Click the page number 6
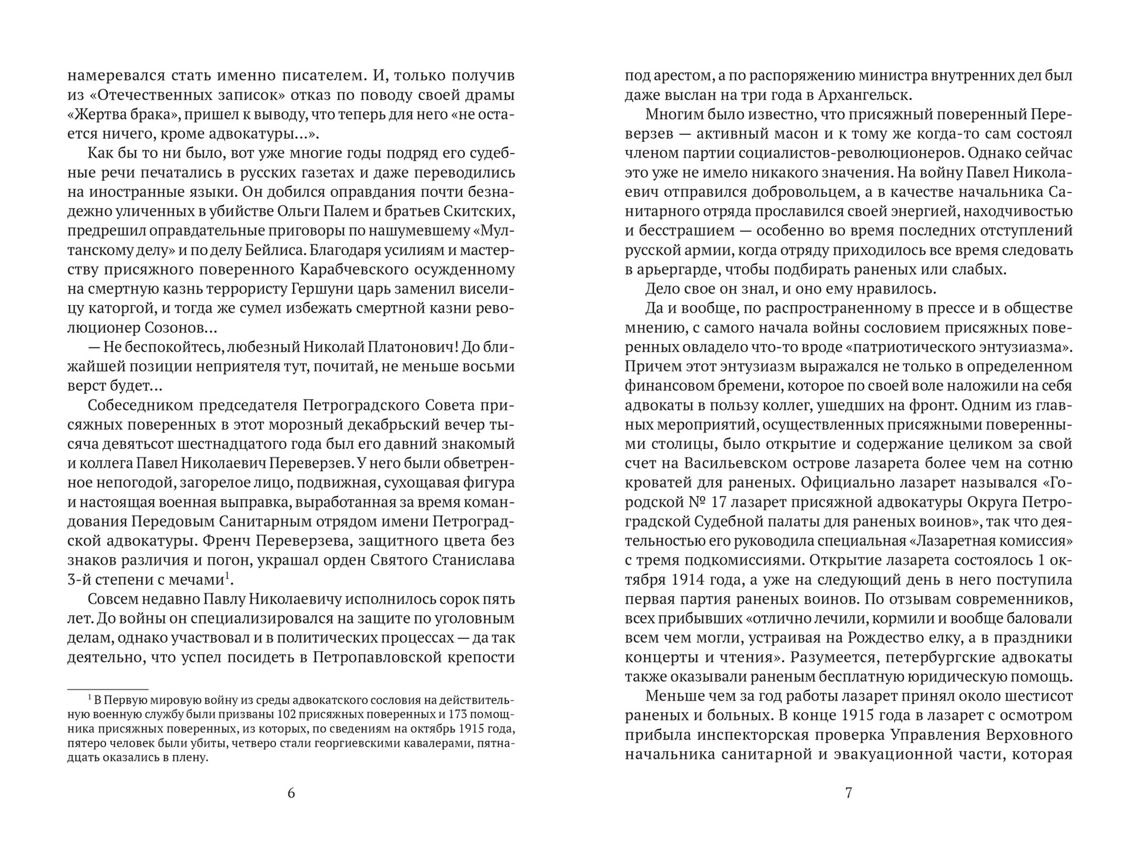point(291,793)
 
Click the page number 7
point(848,793)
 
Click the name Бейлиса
point(279,251)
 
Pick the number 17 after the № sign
point(712,502)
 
